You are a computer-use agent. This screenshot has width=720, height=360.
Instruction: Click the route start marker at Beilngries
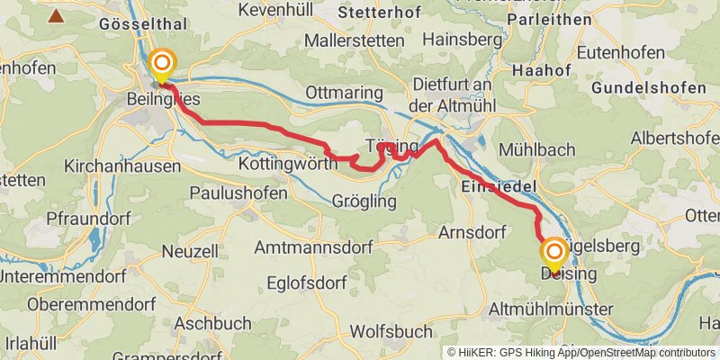pos(162,63)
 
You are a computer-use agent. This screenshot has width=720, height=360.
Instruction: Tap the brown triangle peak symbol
pos(57,15)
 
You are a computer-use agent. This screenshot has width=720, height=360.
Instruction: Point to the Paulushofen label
pos(238,193)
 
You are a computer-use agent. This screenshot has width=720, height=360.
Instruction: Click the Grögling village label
pos(364,202)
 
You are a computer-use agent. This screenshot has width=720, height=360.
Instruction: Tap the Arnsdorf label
pos(468,232)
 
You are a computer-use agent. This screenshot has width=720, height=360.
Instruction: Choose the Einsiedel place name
pos(499,184)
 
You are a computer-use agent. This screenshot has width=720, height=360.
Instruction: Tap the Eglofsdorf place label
pos(308,283)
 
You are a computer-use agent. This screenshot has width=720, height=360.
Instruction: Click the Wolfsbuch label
pos(391,330)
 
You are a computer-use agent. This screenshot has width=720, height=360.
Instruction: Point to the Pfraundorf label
pos(89,219)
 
